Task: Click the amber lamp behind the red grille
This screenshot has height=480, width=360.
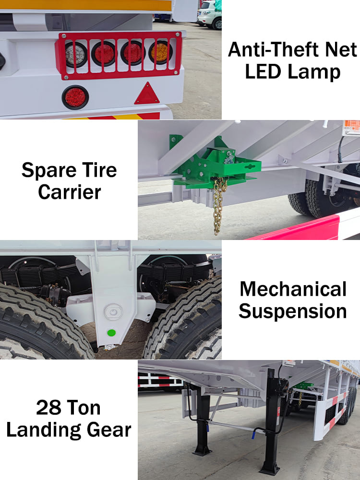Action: pos(160,53)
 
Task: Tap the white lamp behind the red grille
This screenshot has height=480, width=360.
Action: pos(76,55)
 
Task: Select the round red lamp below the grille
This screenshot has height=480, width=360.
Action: pos(75,97)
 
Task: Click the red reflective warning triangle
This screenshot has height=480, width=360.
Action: pos(147,94)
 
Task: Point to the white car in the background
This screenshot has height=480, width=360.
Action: pos(210,14)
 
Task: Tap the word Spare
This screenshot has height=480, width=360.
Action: pos(48,171)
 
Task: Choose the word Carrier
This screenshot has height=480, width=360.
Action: pos(70,192)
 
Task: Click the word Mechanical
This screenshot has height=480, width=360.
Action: pos(293,289)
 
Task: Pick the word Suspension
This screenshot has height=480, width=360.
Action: pos(293,312)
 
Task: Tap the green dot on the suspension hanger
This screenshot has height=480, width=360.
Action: pos(111,333)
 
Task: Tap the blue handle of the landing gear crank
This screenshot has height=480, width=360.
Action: pos(254,434)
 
